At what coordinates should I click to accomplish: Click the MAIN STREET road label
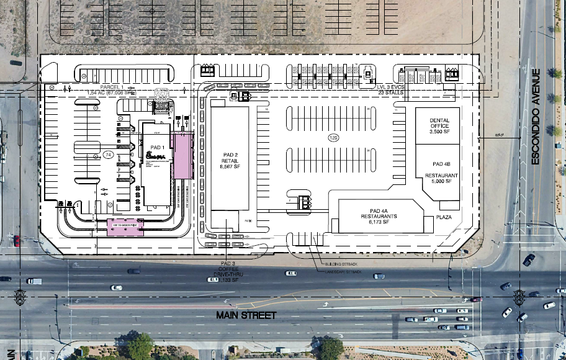coord(246,315)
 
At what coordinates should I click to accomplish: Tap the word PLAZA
coord(444,218)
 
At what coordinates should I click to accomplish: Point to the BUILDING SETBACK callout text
coord(341,264)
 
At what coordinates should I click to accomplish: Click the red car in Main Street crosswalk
coord(477,300)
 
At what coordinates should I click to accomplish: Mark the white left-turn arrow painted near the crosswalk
coord(325,305)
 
